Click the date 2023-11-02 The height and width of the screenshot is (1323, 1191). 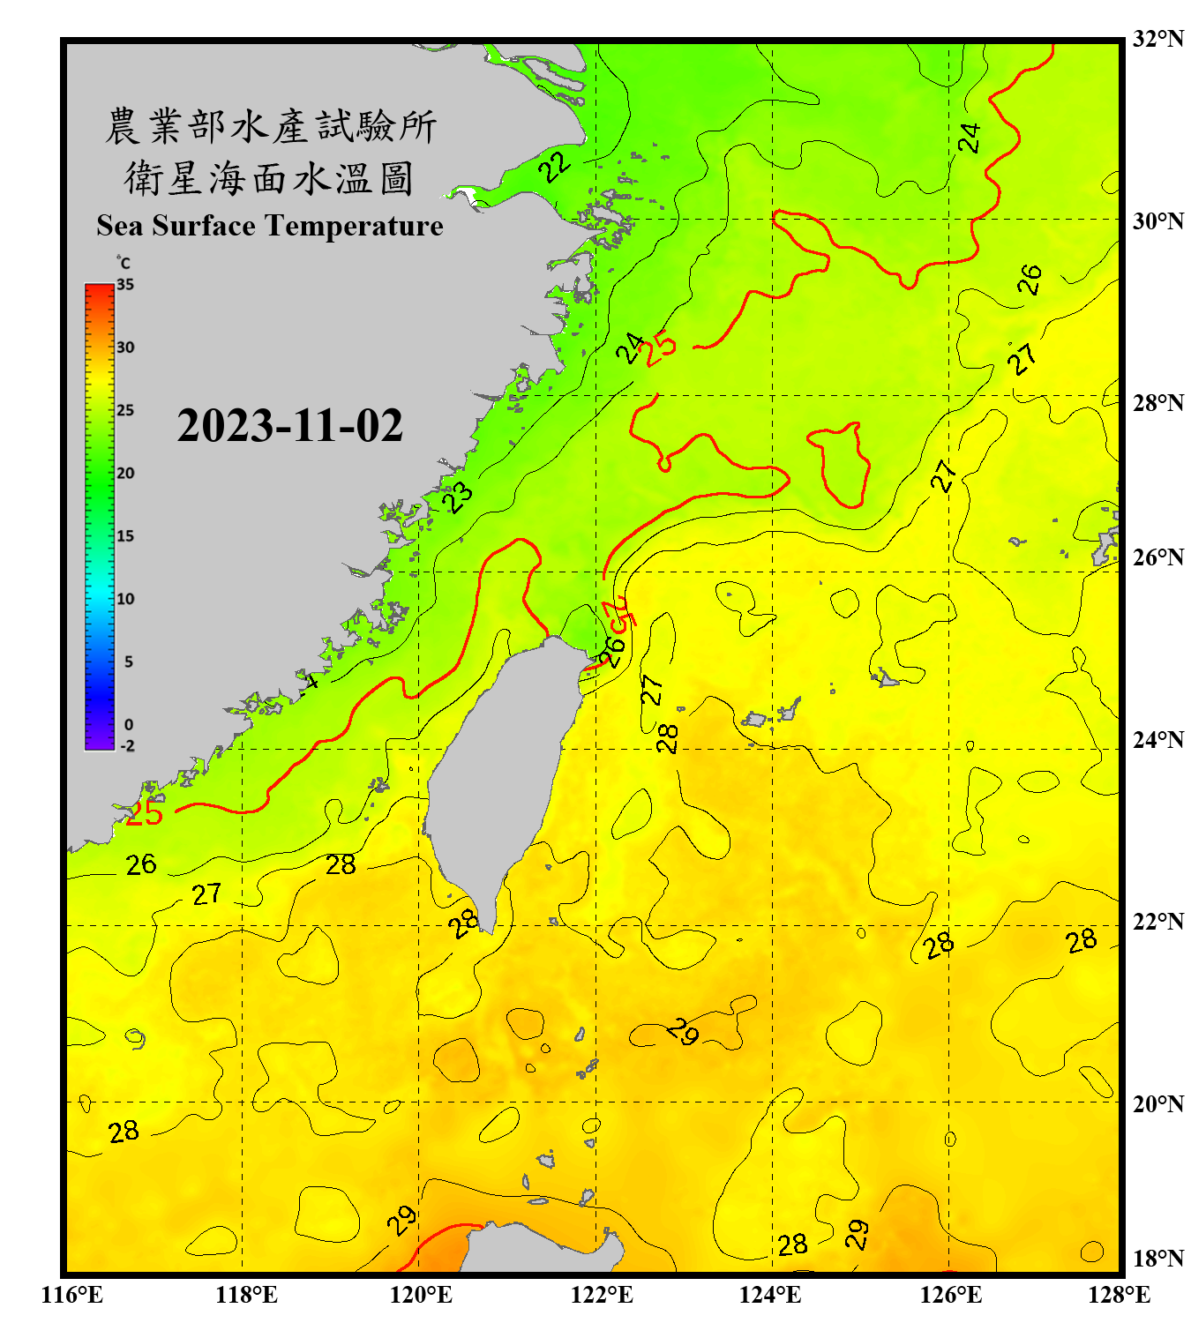(289, 425)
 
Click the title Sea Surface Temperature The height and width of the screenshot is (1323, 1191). (270, 226)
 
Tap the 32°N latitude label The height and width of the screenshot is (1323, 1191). (1157, 39)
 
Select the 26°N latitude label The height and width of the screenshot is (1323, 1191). (1157, 557)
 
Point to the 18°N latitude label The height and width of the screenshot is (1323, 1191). (1157, 1259)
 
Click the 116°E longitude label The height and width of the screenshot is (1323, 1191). (72, 1295)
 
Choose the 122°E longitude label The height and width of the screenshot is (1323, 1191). (602, 1295)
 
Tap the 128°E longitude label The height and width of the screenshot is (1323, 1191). (1119, 1295)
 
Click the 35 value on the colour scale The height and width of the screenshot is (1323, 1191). (125, 285)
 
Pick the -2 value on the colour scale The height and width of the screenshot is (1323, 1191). (127, 746)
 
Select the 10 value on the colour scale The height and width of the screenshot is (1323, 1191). (125, 599)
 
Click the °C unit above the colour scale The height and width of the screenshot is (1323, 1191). (124, 263)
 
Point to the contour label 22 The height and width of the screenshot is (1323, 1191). (557, 165)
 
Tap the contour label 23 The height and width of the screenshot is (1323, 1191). (459, 497)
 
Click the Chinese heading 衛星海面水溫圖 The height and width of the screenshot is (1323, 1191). (269, 178)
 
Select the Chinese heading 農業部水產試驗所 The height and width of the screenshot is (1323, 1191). (271, 126)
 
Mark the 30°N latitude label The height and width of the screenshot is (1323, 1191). (1157, 221)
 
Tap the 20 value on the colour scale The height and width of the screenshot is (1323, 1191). (125, 474)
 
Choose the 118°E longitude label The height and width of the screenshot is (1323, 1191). (246, 1295)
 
